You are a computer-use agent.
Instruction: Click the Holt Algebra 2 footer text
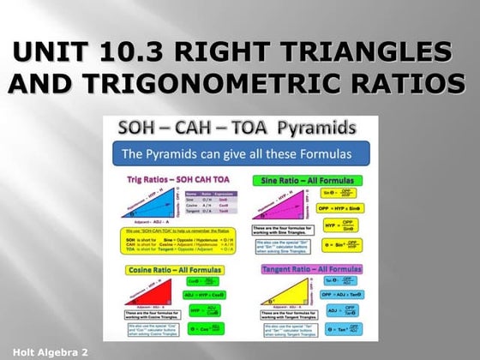(45, 352)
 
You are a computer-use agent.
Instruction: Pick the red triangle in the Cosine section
(154, 292)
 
